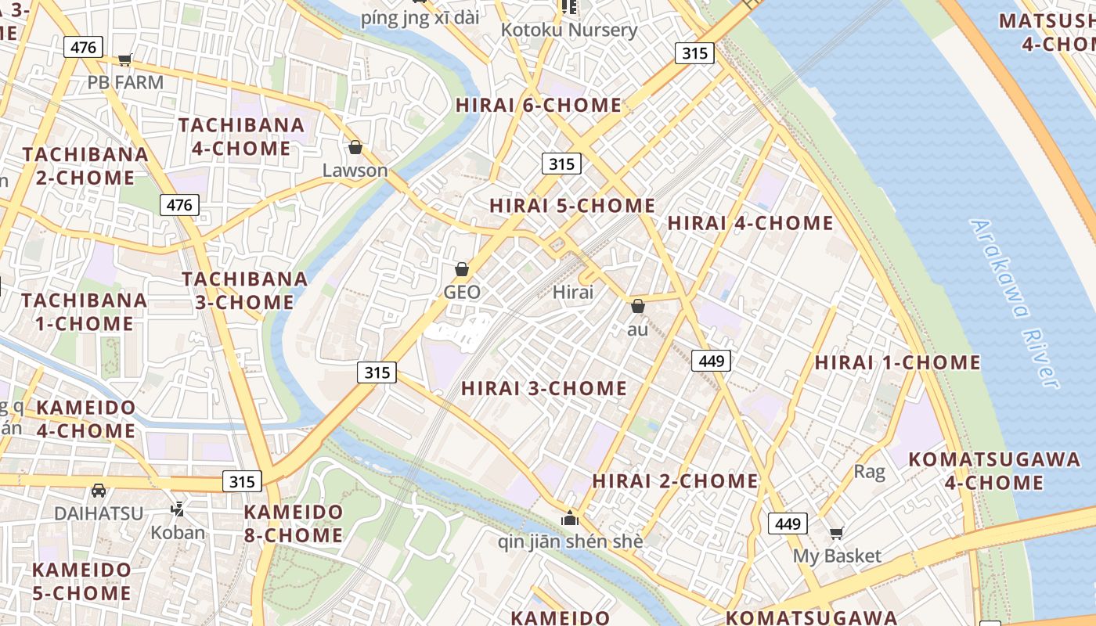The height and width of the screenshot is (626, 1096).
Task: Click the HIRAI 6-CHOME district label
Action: [539, 105]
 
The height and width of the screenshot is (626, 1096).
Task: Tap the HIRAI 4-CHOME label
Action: [750, 223]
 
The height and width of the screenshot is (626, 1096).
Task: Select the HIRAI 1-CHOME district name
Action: [897, 362]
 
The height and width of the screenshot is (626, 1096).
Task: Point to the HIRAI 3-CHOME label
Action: [544, 388]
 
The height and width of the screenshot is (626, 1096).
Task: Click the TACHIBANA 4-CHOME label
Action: [241, 136]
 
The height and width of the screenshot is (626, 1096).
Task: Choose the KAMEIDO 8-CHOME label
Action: [293, 523]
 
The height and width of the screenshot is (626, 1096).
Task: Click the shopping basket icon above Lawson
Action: [355, 147]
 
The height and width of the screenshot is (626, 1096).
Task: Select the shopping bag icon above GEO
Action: [462, 269]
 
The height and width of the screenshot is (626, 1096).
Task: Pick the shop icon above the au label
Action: [638, 306]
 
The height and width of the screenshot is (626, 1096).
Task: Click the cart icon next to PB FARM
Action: [124, 59]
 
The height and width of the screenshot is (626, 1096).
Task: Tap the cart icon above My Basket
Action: [836, 533]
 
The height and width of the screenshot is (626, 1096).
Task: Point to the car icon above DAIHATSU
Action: [99, 491]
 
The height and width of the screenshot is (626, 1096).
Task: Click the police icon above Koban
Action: [178, 509]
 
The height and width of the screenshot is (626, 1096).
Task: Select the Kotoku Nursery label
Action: [569, 31]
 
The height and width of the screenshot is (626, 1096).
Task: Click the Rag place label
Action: [869, 471]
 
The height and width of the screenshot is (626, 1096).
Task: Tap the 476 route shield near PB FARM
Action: [83, 48]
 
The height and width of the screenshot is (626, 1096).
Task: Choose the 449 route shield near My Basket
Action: [788, 523]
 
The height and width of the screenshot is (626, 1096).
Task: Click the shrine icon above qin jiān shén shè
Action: [570, 518]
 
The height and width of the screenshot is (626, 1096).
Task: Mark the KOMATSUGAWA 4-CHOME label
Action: [994, 470]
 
